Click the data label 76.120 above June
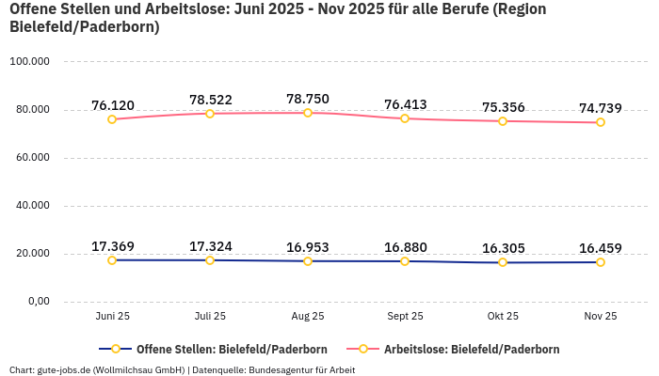(112, 105)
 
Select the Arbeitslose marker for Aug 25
(308, 113)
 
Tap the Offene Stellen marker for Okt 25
(503, 262)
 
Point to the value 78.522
(210, 100)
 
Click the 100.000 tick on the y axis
(29, 62)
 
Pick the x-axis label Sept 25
(405, 317)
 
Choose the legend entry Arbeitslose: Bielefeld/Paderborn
(471, 349)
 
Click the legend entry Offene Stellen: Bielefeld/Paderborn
(223, 349)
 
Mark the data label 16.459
(600, 248)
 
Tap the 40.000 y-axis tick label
(31, 206)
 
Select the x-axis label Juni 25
(112, 317)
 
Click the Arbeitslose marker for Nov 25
(601, 122)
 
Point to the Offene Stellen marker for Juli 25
(210, 260)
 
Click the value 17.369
(112, 246)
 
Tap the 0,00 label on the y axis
(38, 302)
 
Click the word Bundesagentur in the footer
(280, 369)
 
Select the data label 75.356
(503, 107)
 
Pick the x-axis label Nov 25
(600, 317)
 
